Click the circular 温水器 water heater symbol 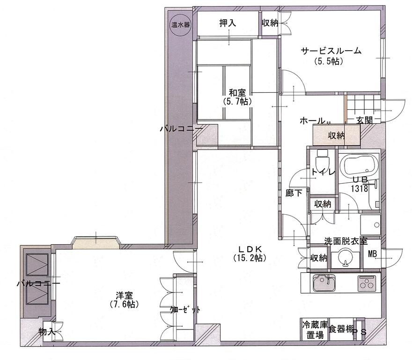point(181,25)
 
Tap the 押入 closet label point(228,23)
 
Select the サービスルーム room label point(331,51)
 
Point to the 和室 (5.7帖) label point(237,97)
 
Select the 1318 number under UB point(360,188)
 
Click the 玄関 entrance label point(364,120)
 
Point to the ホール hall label point(312,121)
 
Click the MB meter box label point(372,254)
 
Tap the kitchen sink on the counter point(324,283)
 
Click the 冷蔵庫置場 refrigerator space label point(315,330)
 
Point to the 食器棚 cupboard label point(340,329)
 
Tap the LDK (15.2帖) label point(250,253)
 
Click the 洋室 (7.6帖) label point(124,300)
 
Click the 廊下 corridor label point(294,193)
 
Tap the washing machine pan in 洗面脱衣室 point(370,225)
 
